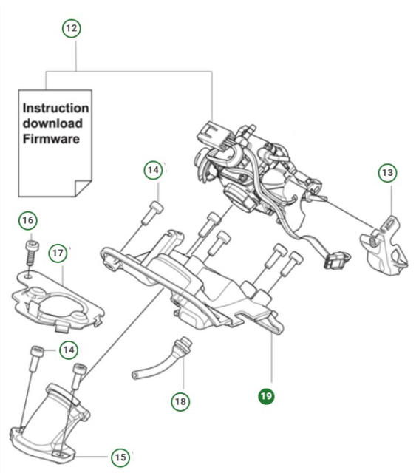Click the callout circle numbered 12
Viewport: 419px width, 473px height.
coord(71,29)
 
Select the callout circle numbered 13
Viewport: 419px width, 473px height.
coord(387,172)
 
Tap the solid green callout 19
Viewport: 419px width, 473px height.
coord(266,397)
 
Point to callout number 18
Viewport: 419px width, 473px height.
coord(180,401)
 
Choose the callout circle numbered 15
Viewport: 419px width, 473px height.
coord(120,457)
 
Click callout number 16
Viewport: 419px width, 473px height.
coord(27,221)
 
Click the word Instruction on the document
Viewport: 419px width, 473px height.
coord(56,109)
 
